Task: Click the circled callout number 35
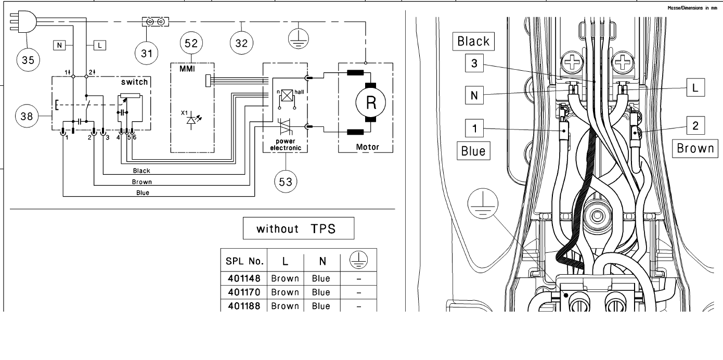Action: (28, 60)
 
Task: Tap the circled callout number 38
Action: (27, 116)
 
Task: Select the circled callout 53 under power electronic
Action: (286, 182)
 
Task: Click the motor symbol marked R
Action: (370, 102)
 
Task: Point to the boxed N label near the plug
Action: (59, 45)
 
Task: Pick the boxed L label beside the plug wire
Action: (100, 45)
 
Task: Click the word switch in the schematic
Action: (134, 82)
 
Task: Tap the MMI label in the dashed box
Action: (187, 69)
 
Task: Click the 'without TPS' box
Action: (299, 228)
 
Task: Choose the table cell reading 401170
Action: (244, 292)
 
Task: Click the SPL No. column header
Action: (244, 261)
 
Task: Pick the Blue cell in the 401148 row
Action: (321, 278)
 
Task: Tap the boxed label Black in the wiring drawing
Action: (473, 41)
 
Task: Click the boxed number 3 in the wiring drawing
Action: (474, 63)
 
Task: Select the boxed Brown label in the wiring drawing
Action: (695, 148)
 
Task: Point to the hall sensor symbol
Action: (287, 96)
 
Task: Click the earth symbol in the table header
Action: (358, 260)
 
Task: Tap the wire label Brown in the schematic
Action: (141, 182)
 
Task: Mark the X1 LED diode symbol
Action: (192, 120)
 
